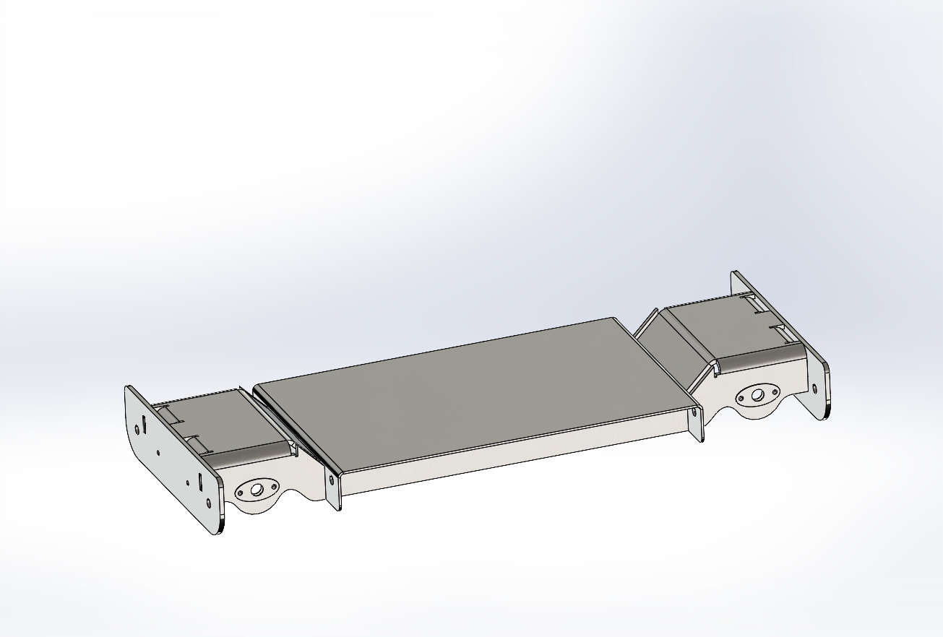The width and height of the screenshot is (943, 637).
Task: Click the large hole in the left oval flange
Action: pos(256,490)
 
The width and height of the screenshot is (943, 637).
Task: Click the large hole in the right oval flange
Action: pos(757,395)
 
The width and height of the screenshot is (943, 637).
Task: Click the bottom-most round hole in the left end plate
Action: pos(208,503)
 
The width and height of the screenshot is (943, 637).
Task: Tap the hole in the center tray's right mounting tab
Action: pos(695,413)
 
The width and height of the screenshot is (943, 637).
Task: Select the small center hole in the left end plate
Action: pos(158,454)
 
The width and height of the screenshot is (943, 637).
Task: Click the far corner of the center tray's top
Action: pos(611,318)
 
